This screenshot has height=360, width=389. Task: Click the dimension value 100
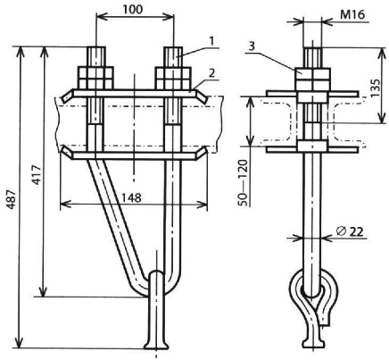tap(133, 10)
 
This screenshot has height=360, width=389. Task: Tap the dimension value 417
tap(37, 174)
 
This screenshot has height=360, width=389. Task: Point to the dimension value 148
tap(131, 197)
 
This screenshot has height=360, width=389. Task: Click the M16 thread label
tap(352, 14)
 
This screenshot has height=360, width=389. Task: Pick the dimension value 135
tap(376, 88)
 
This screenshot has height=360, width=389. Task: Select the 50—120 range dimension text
tap(243, 183)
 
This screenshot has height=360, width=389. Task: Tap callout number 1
tap(211, 41)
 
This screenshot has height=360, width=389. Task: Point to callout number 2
tap(211, 73)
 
